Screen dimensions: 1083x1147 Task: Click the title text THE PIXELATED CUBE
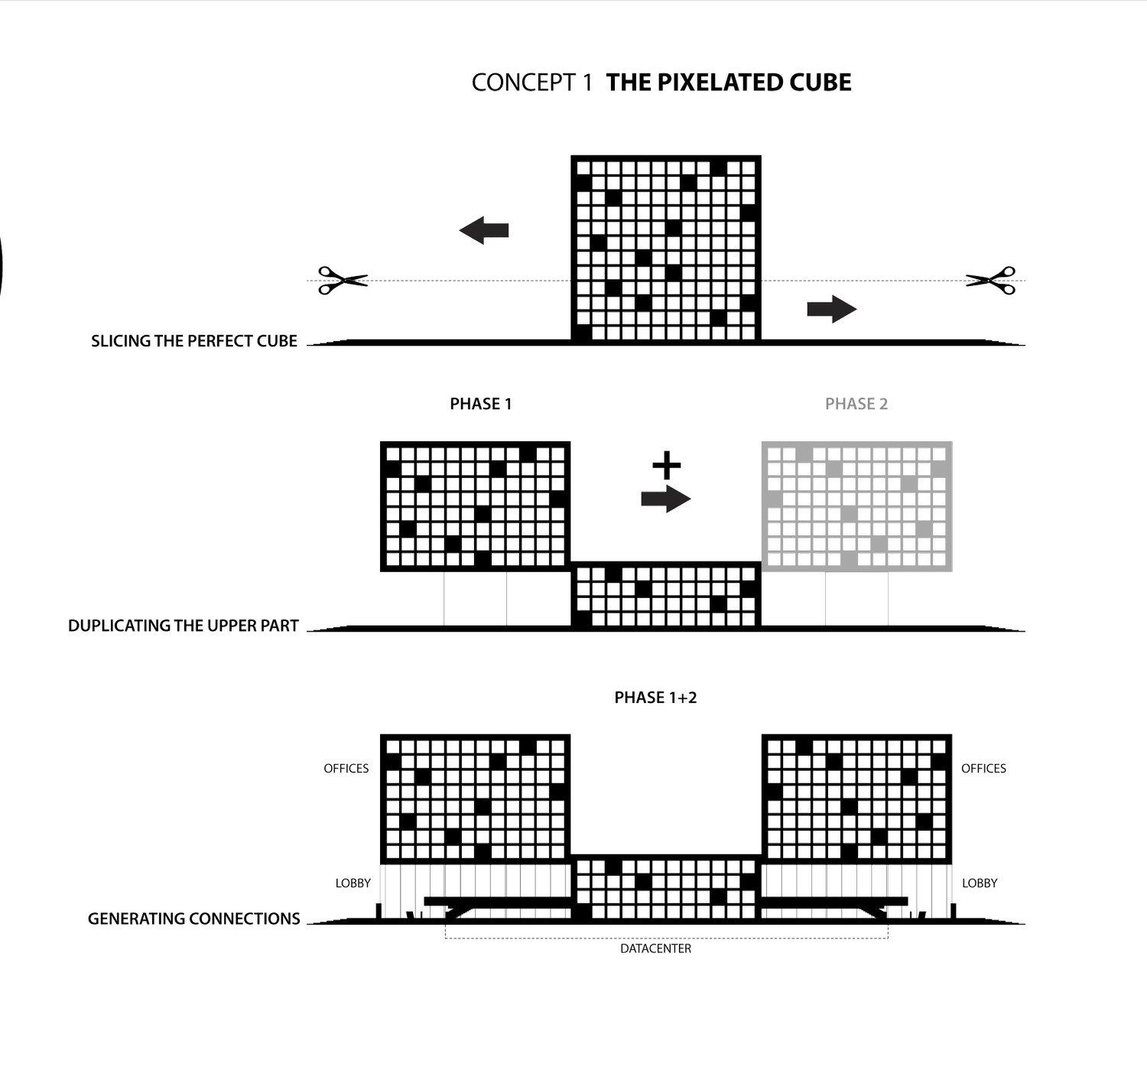(729, 83)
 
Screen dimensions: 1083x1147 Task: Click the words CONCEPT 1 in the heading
(531, 83)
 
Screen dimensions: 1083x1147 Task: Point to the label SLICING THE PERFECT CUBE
(194, 341)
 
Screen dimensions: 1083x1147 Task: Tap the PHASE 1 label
(480, 404)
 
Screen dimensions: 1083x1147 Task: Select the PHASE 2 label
(856, 404)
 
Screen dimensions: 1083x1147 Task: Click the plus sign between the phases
(666, 464)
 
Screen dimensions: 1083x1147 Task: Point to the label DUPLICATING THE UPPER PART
(184, 626)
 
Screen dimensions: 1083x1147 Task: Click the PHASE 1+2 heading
(655, 698)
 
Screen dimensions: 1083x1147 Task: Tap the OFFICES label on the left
(346, 769)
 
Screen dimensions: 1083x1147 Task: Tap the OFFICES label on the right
(983, 769)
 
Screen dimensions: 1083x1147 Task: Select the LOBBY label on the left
(353, 883)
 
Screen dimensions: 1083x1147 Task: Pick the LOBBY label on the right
(980, 883)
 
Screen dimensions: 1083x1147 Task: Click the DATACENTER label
(655, 949)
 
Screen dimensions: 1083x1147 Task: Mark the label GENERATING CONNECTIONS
(194, 919)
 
